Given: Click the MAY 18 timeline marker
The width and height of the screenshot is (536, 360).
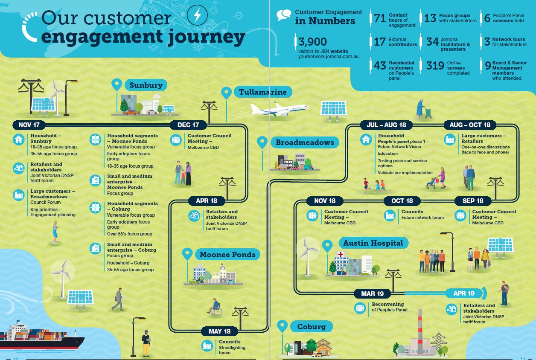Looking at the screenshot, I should [x=219, y=331].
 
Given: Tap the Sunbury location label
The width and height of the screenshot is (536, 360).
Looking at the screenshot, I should [x=146, y=85].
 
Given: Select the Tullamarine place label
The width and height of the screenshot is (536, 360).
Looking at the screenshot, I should [x=262, y=92].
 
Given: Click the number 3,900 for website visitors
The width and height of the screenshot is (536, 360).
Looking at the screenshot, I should [x=313, y=42].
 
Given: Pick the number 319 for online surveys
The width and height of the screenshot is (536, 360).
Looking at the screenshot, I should [x=435, y=66].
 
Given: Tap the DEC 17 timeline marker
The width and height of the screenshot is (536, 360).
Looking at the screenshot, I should [x=188, y=125].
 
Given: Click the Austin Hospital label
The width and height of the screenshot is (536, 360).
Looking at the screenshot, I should [x=373, y=243].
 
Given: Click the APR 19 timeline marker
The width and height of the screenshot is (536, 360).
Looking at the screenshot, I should [x=464, y=293].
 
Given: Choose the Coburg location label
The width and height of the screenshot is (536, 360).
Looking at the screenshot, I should [x=311, y=327].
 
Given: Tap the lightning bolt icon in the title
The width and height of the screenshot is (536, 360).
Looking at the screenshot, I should [x=197, y=17].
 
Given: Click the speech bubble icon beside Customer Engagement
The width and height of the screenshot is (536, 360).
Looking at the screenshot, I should [x=283, y=15].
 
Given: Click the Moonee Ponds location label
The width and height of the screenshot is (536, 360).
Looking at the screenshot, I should [x=227, y=255].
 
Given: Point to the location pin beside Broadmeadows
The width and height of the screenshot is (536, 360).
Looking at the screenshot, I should [x=262, y=142].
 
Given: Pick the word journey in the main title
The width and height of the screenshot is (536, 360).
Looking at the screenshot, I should [x=202, y=37].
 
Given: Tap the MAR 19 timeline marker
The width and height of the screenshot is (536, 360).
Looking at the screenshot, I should [x=372, y=293].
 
